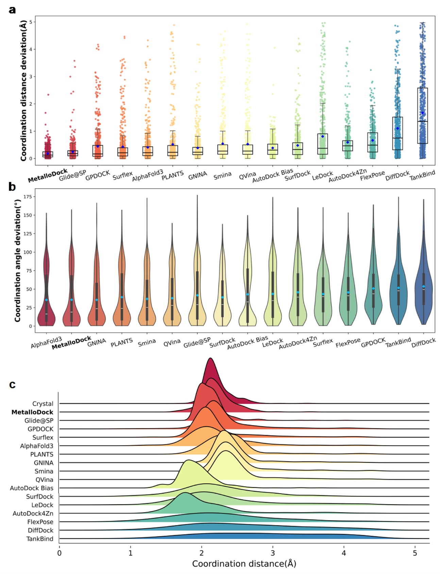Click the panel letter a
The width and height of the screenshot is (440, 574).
(12, 10)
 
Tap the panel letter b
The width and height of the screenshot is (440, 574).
(12, 187)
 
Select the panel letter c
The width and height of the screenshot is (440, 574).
(12, 384)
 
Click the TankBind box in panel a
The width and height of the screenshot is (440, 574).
(422, 116)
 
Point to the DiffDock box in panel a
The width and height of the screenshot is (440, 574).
(397, 133)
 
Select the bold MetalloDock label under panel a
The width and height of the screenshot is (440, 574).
(48, 175)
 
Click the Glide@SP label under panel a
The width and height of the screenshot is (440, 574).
(72, 175)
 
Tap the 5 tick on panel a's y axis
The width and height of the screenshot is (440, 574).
(31, 22)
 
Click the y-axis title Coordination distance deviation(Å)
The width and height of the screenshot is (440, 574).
(23, 91)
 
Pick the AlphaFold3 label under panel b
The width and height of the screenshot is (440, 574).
(46, 342)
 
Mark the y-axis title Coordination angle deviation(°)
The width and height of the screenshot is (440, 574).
(17, 260)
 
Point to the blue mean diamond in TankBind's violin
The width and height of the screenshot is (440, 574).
(399, 288)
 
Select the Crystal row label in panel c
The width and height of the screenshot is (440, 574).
(43, 404)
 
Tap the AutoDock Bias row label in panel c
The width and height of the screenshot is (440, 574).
(32, 488)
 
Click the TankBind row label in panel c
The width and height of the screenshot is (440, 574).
(40, 539)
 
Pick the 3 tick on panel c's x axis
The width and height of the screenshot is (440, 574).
(273, 553)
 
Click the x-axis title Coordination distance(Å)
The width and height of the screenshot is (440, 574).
(244, 564)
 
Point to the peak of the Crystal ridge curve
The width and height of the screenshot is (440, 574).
(210, 358)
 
